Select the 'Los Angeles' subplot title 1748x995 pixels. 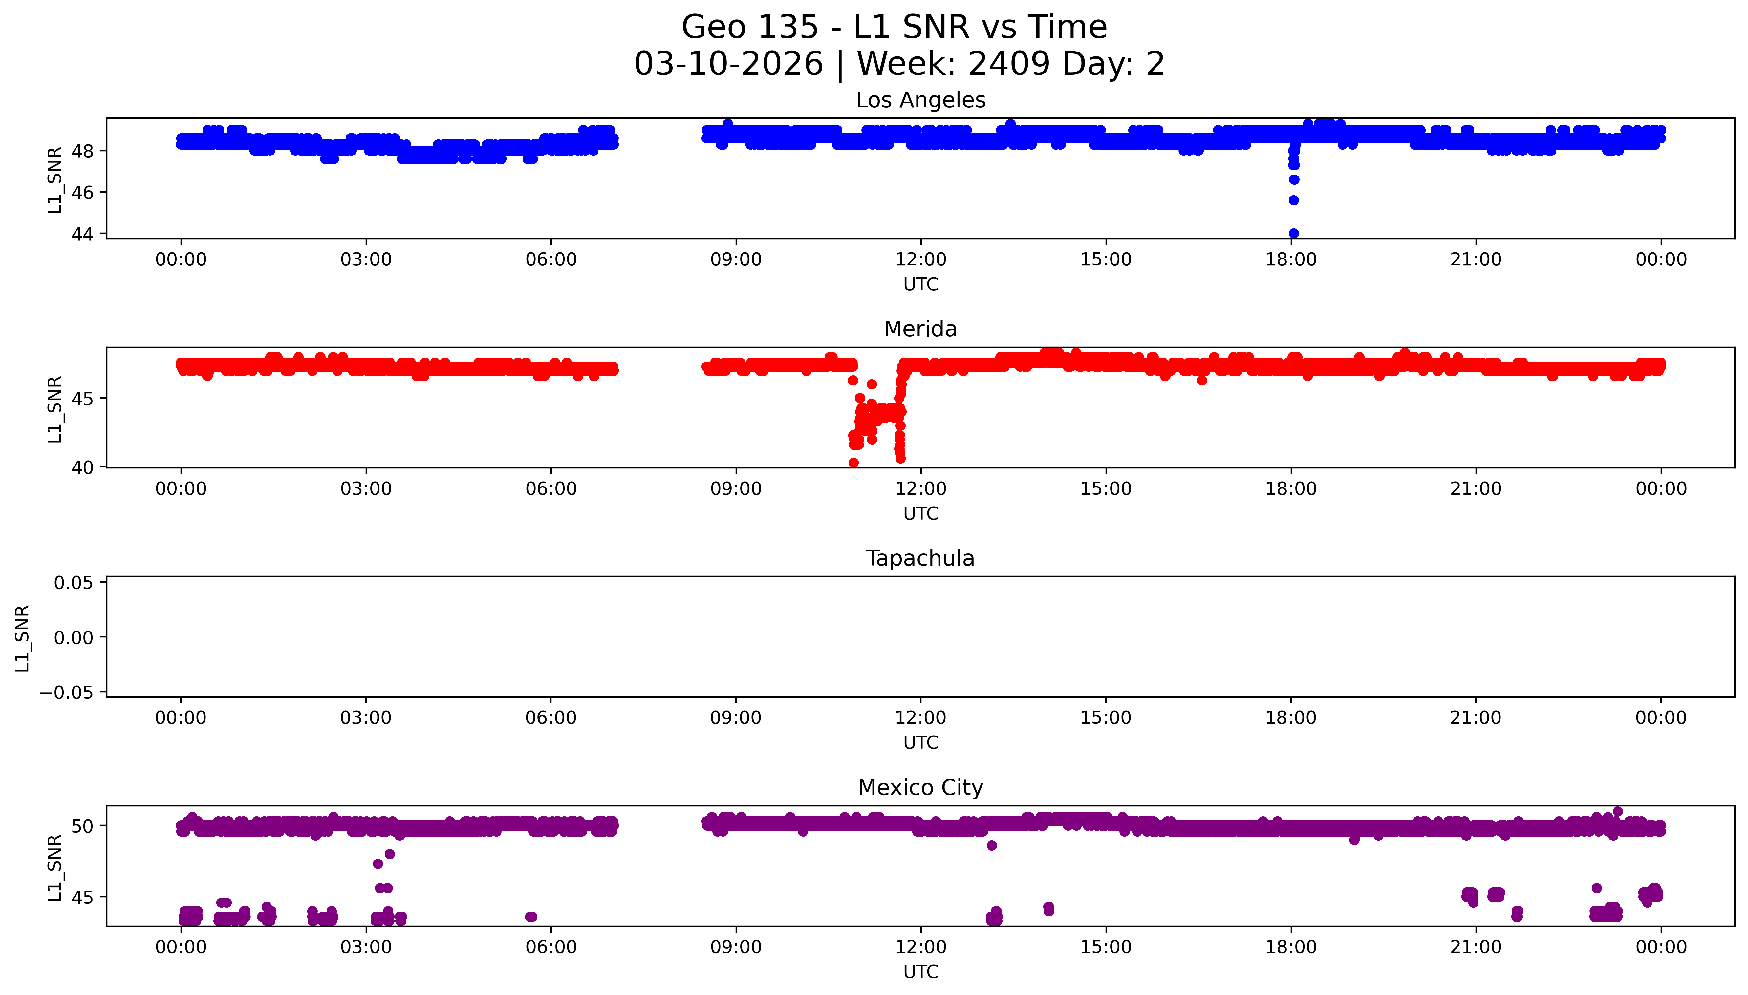tap(920, 100)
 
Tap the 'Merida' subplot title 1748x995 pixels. tap(920, 329)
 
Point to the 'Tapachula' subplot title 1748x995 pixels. tap(920, 558)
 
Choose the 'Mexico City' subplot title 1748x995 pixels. tap(920, 788)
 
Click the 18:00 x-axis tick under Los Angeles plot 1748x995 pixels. tap(1291, 260)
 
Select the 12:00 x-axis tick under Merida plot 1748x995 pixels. tap(921, 488)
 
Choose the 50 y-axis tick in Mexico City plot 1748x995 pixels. tap(82, 826)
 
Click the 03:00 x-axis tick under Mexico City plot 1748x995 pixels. tap(366, 947)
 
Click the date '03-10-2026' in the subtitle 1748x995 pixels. tap(728, 64)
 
